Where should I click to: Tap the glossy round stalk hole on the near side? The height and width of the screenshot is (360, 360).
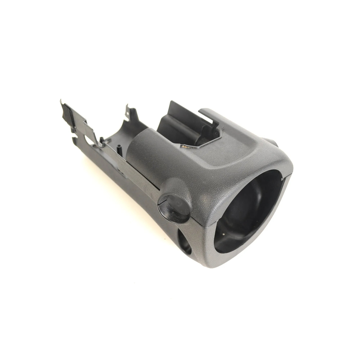coord(174,208)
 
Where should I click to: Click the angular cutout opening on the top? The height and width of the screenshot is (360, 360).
coord(198,128)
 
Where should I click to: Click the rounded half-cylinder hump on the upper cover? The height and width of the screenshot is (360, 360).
coord(146,151)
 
